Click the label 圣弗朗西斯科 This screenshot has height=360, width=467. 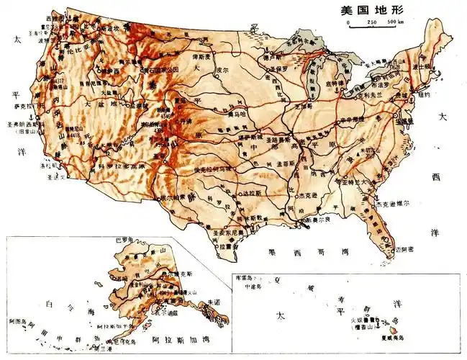tap(21, 122)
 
